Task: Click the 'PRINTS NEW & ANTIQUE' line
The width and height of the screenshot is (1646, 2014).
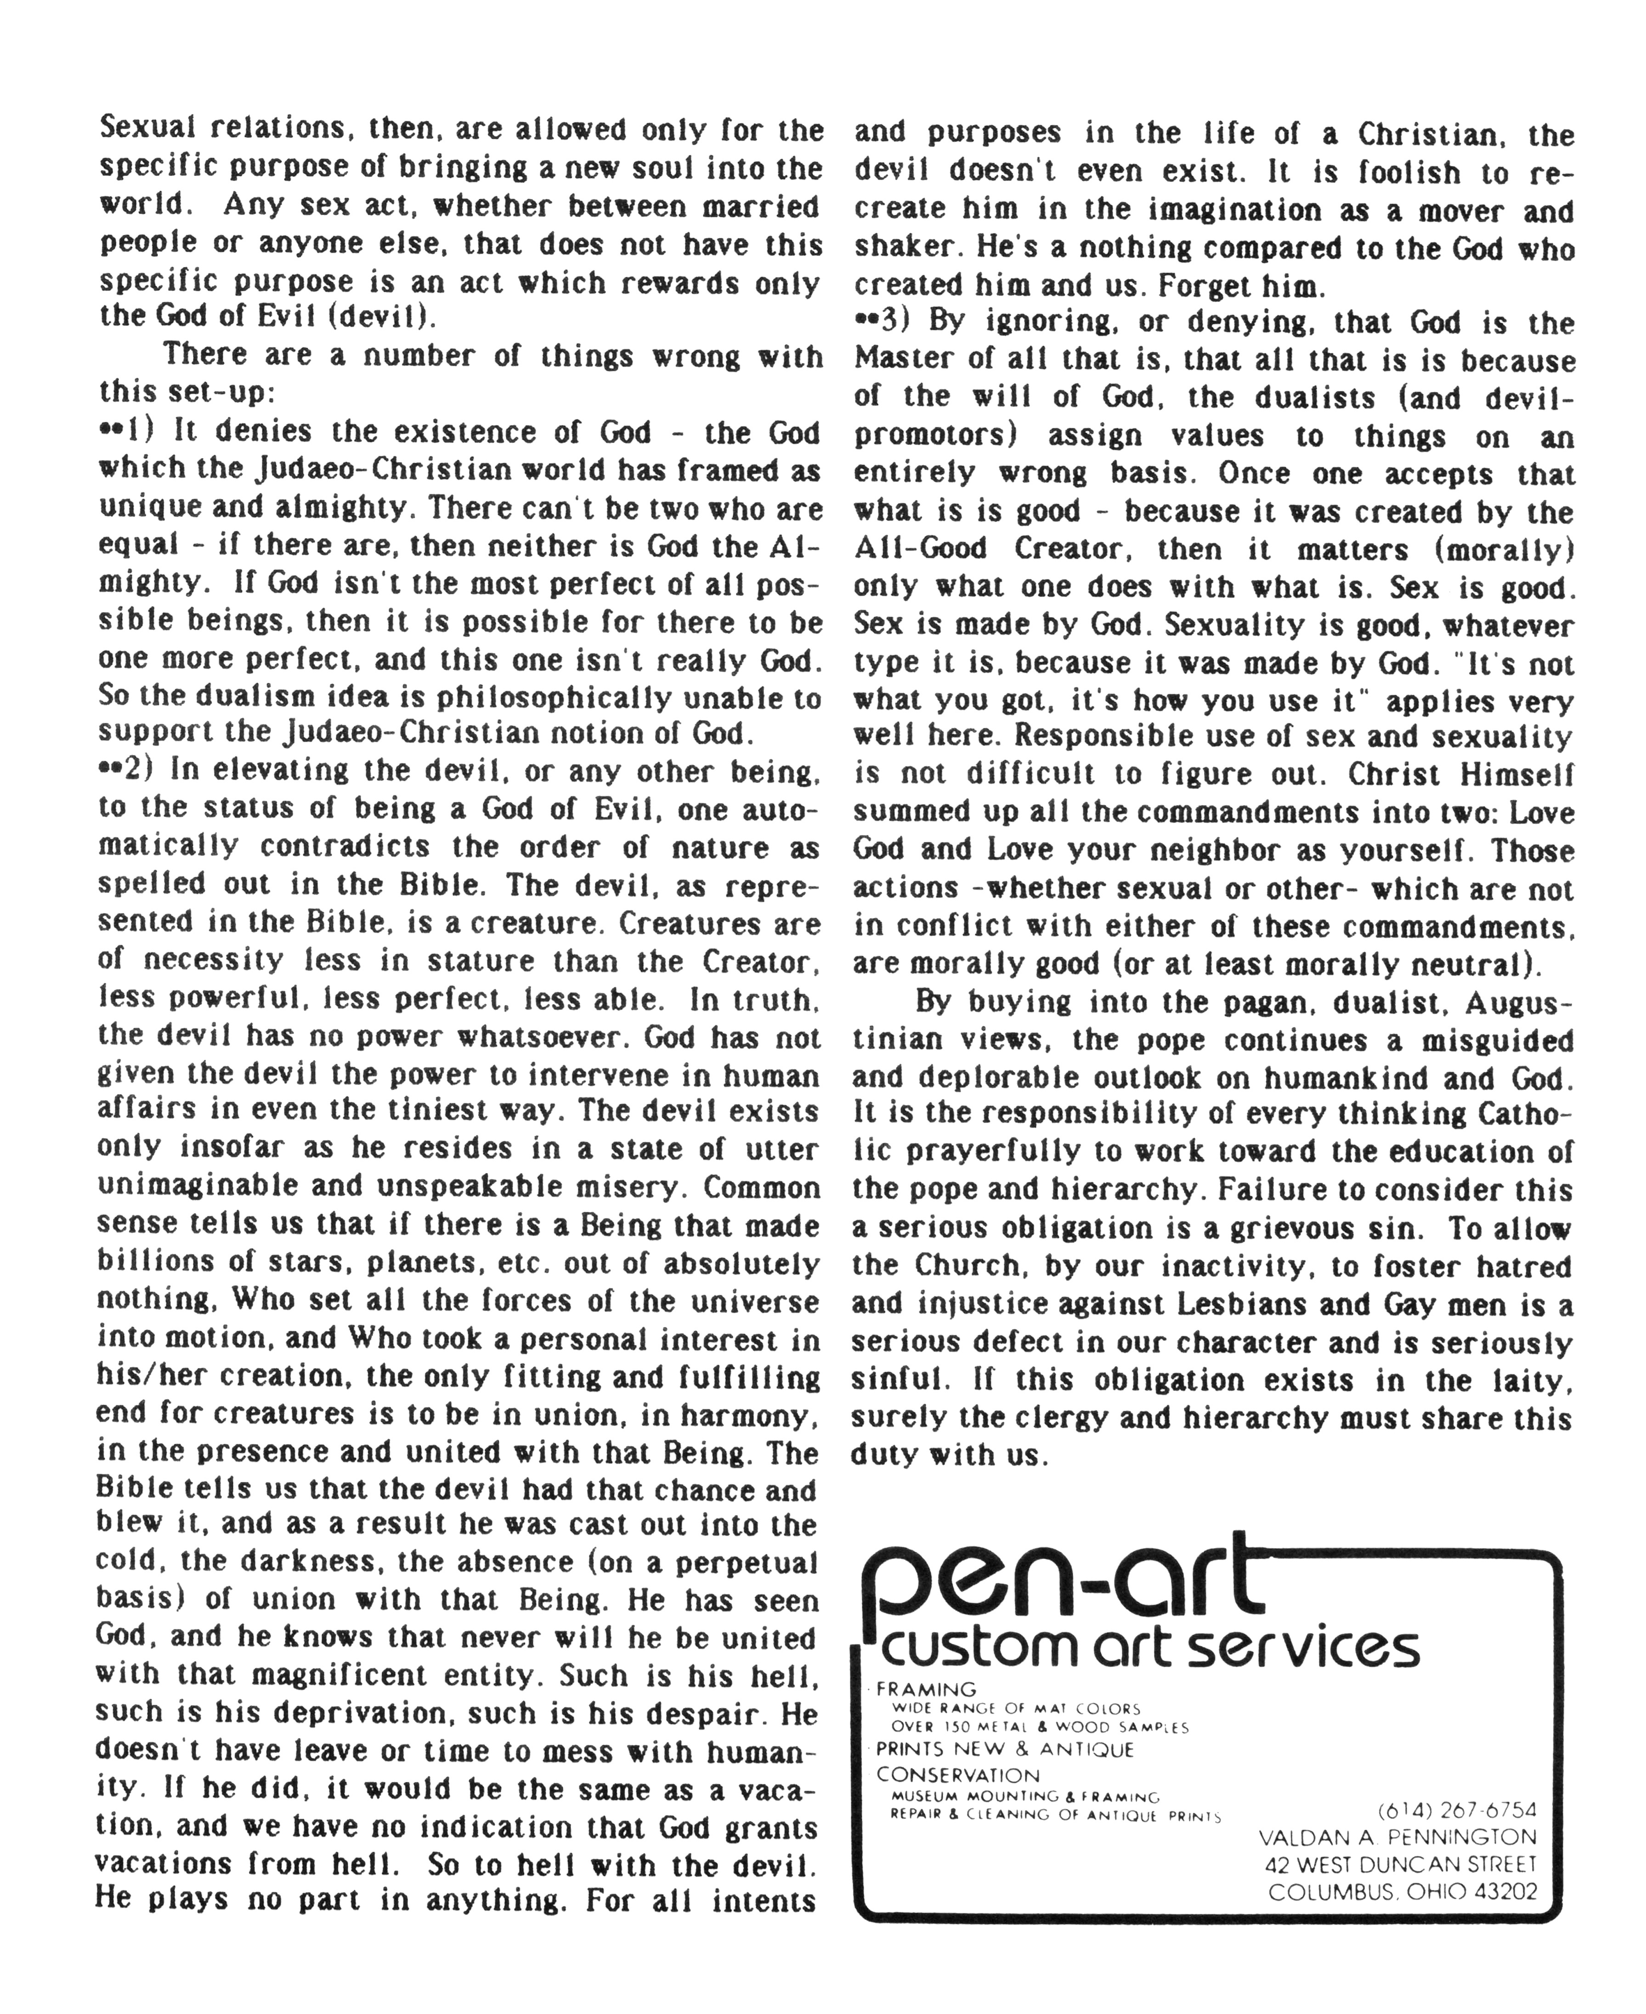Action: click(x=1005, y=1749)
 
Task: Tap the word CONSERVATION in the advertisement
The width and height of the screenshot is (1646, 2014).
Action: click(x=958, y=1775)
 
